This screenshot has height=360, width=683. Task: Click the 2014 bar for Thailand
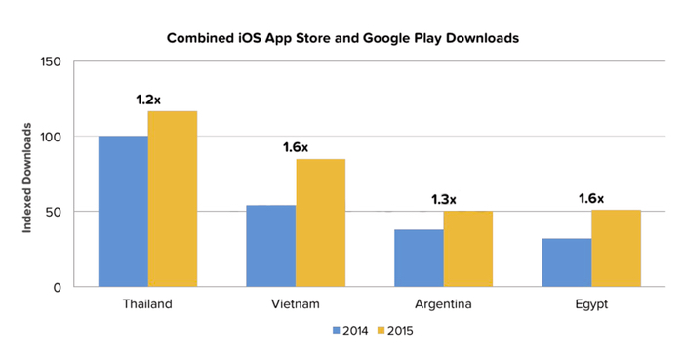click(123, 212)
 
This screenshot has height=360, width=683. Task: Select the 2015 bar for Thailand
click(173, 199)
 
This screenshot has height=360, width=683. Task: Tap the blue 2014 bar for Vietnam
click(271, 246)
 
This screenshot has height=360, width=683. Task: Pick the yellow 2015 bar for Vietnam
click(321, 222)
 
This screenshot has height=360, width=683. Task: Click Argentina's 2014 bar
click(419, 258)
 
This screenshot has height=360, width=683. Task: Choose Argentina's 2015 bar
click(468, 249)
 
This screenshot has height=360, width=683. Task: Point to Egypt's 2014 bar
click(566, 262)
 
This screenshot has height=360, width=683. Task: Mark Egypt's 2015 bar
click(616, 248)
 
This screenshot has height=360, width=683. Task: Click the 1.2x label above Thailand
click(148, 100)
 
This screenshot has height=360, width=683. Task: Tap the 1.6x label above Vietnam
click(296, 147)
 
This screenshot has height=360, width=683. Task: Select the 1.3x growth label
click(444, 199)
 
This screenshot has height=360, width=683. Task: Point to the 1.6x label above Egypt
click(591, 198)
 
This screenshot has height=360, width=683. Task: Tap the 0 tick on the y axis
click(57, 287)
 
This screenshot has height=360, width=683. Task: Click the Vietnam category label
click(296, 303)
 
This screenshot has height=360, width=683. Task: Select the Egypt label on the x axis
click(591, 303)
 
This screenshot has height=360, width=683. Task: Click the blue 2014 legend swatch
click(338, 330)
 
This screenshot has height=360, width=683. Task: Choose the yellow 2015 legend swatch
click(381, 330)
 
